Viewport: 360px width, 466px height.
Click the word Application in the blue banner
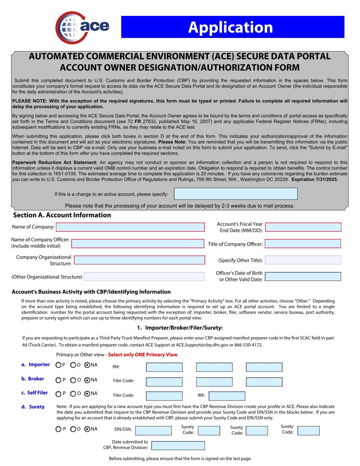230,27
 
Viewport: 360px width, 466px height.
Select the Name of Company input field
130,227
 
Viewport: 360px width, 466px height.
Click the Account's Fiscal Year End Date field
303,227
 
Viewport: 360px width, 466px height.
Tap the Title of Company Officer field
303,244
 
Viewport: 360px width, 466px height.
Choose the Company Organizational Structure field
139,260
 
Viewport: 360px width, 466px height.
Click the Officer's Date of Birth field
303,277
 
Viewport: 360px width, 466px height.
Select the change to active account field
236,194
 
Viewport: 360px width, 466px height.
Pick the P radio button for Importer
58,365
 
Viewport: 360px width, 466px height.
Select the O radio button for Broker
73,380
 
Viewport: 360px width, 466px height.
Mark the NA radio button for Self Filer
87,394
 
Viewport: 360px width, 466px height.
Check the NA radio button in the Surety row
87,429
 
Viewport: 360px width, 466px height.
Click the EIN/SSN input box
153,431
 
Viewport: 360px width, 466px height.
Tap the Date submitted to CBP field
178,446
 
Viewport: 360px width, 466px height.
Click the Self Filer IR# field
227,396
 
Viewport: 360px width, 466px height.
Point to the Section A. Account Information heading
62,215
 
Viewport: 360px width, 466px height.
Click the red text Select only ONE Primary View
143,355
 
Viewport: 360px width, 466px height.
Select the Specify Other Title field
303,260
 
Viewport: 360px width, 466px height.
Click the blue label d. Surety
33,407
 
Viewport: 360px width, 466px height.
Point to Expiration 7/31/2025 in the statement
314,179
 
